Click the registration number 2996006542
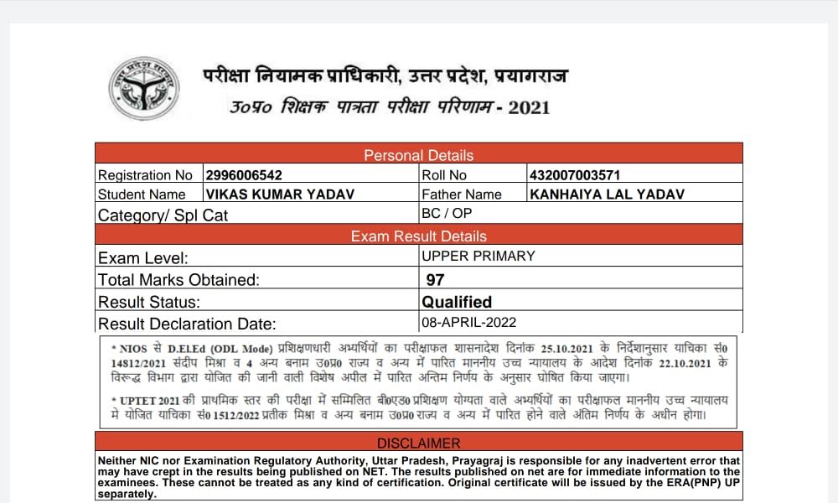coord(244,175)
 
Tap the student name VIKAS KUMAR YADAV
coord(280,194)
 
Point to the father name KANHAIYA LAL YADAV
coord(608,194)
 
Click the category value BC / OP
coord(447,214)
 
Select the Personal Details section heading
coord(418,155)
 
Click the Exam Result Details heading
coord(418,236)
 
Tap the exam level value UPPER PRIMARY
coord(478,257)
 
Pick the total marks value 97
coord(436,279)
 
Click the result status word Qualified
coord(457,302)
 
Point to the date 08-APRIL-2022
coord(469,323)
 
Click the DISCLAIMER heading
coord(418,443)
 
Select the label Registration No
coord(145,175)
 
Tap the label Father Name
coord(462,194)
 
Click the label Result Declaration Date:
coord(187,324)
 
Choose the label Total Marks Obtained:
coord(178,280)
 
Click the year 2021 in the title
coord(529,107)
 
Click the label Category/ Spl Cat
coord(163,215)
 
